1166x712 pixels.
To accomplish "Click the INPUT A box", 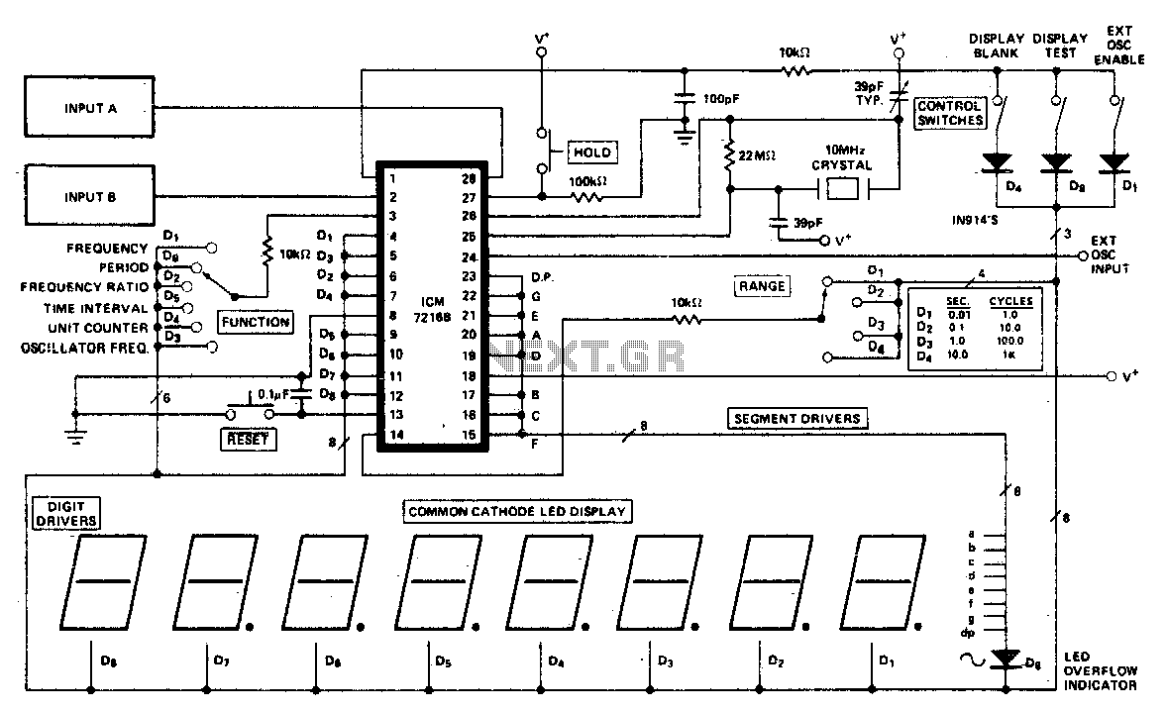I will [x=90, y=108].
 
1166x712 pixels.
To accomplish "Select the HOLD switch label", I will [x=590, y=152].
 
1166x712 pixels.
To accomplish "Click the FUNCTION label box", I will [x=255, y=321].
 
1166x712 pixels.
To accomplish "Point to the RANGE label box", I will [x=761, y=286].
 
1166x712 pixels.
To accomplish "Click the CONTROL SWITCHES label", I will [x=950, y=113].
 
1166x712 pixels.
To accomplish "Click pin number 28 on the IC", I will [x=470, y=178].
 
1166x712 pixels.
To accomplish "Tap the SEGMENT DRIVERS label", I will [x=795, y=418].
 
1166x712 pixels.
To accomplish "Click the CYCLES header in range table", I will [x=1010, y=301].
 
